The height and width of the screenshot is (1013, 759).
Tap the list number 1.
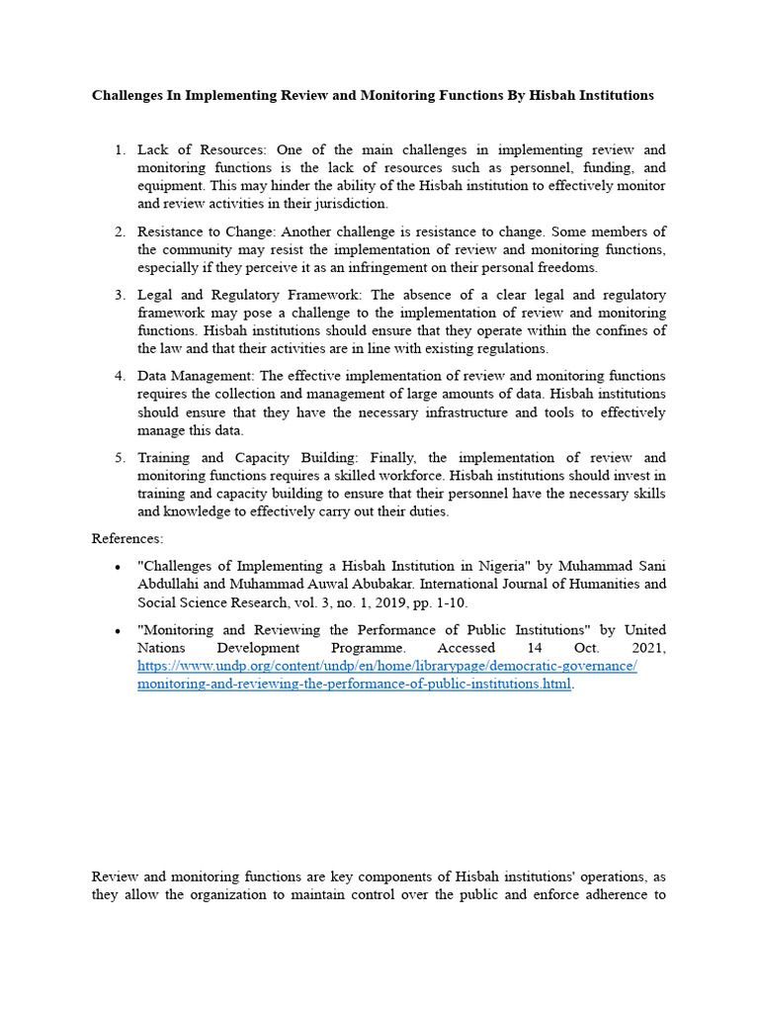[120, 150]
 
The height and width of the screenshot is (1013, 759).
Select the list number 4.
[120, 376]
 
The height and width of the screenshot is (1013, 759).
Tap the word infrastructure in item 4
[457, 413]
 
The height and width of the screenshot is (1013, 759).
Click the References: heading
[127, 538]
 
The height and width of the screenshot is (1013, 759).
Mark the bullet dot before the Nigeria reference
[118, 567]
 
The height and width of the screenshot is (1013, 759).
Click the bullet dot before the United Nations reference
[118, 631]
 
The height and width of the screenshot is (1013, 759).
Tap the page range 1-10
[450, 601]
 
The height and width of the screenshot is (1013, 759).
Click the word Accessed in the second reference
[466, 648]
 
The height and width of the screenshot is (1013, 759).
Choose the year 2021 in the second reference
[648, 648]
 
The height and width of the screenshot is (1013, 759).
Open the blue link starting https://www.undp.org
[386, 666]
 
